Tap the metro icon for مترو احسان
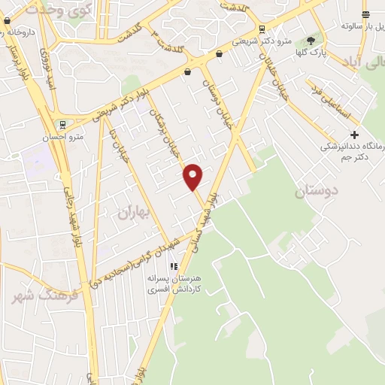coord(63,125)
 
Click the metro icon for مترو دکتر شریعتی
coord(261,29)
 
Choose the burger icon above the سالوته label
coord(365,14)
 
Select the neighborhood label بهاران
coord(135,213)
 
